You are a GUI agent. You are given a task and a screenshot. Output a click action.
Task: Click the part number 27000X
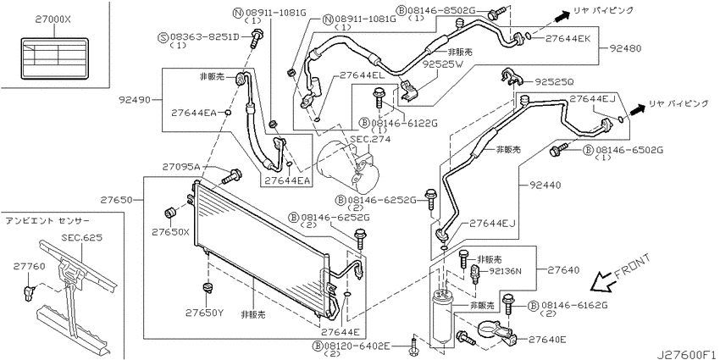53,20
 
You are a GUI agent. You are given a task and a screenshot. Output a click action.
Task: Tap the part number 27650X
170,232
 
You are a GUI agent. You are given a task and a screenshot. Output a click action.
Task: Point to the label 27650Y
204,313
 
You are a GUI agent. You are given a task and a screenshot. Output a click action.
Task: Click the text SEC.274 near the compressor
370,140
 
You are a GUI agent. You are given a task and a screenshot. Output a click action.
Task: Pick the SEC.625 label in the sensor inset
81,238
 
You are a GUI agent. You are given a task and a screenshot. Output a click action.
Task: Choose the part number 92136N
506,271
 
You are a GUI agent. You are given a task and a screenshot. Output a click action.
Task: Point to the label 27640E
547,340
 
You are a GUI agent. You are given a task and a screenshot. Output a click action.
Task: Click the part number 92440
544,186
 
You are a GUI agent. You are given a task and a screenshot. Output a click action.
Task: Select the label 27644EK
567,39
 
